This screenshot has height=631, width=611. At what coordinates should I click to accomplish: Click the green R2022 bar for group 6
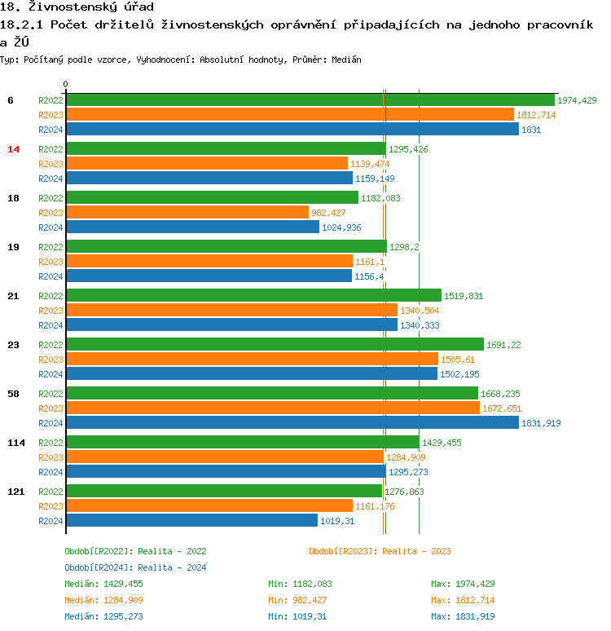(x=310, y=99)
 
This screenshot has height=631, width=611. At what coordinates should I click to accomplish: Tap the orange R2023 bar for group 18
(x=187, y=212)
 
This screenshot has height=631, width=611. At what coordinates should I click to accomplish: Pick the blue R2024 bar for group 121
(x=191, y=520)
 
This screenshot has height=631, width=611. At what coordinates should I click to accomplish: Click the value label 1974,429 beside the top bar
(x=577, y=100)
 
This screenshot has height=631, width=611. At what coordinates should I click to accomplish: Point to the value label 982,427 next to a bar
(x=330, y=213)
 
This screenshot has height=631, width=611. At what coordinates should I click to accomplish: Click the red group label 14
(x=13, y=149)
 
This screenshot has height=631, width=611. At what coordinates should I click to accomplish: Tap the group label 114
(x=15, y=443)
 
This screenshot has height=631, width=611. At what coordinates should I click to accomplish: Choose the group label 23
(x=13, y=345)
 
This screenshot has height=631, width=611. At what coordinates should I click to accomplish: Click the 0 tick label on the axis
(x=66, y=84)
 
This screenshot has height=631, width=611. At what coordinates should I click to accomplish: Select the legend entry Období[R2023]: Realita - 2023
(x=380, y=551)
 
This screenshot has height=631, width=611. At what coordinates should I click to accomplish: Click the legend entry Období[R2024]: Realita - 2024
(x=135, y=567)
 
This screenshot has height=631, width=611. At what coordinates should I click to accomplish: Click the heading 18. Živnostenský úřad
(x=77, y=7)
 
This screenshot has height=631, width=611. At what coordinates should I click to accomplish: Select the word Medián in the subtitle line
(x=346, y=60)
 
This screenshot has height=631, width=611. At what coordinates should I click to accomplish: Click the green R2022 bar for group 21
(x=253, y=295)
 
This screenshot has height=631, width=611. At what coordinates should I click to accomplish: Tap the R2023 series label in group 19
(x=51, y=262)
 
